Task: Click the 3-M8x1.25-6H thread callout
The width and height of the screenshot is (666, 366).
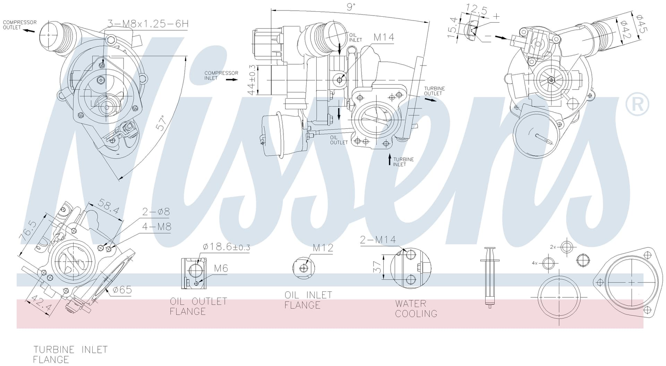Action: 148,24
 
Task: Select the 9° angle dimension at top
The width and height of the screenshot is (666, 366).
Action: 351,7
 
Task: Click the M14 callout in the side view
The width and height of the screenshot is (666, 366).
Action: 384,37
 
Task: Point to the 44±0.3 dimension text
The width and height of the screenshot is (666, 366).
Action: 252,80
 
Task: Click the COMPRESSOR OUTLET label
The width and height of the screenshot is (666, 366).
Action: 20,25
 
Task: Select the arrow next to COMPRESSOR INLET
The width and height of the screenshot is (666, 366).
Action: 232,79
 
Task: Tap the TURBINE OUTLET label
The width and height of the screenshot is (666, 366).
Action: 434,91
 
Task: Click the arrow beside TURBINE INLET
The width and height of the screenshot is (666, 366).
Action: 390,160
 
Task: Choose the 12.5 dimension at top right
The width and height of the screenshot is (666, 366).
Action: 477,9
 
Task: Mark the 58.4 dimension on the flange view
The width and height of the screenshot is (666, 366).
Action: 108,206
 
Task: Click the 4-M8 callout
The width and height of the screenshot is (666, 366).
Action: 157,227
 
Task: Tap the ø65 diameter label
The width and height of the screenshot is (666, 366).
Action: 122,289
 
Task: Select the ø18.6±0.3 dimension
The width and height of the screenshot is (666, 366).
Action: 226,247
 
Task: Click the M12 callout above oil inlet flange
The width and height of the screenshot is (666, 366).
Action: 323,248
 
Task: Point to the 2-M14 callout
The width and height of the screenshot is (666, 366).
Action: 378,239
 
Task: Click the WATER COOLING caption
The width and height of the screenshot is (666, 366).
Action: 416,308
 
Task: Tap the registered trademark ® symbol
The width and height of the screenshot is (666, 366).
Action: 637,104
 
